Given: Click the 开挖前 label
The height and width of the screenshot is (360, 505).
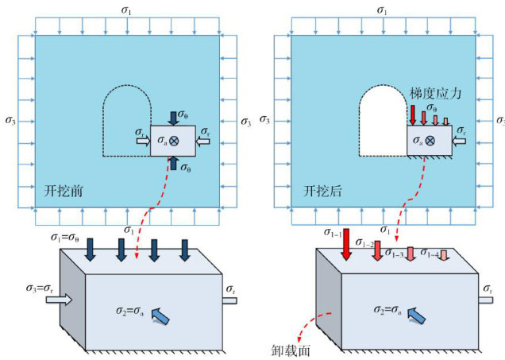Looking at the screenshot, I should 62,192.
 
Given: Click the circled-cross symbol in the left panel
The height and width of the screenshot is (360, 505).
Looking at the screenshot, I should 173,140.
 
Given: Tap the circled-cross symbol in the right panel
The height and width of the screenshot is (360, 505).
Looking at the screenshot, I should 430,140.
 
